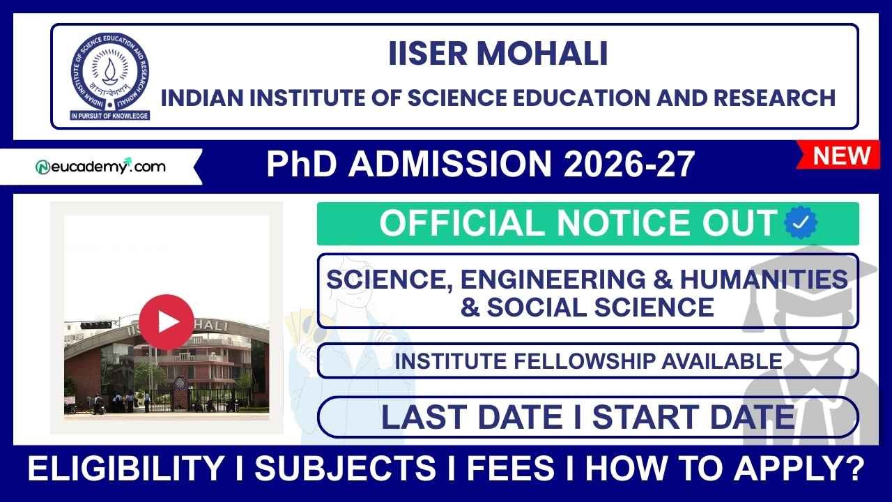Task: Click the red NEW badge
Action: (x=842, y=155)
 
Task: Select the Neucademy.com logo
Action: (x=100, y=167)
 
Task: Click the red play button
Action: (x=167, y=321)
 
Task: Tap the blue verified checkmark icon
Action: (x=801, y=223)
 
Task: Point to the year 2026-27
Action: (x=629, y=165)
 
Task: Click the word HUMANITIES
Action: (x=764, y=279)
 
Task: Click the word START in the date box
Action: (x=649, y=417)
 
